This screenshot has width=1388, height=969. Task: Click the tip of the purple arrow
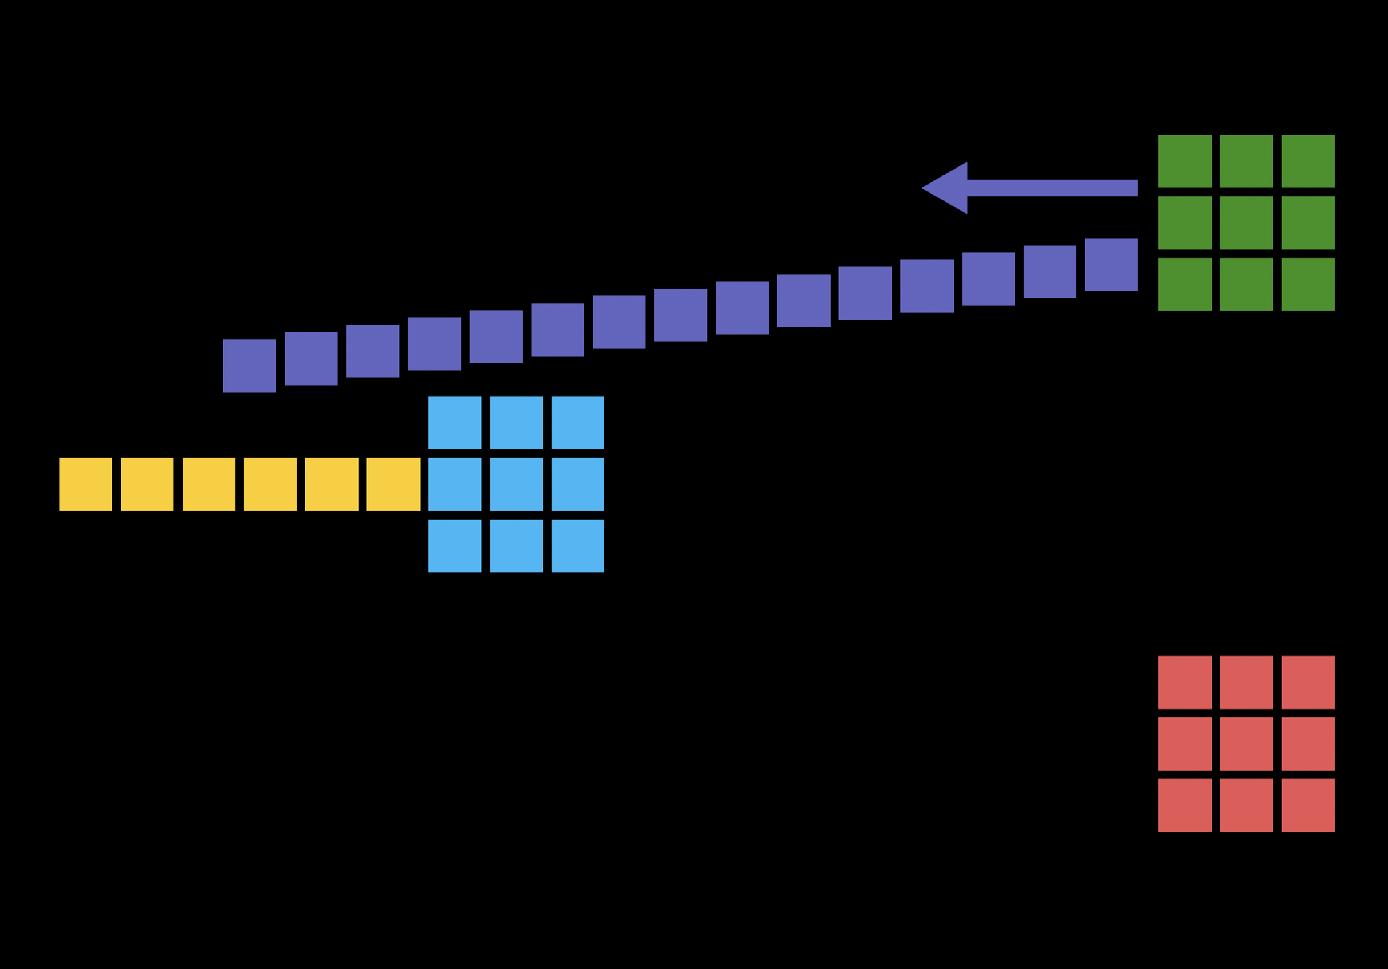pyautogui.click(x=924, y=187)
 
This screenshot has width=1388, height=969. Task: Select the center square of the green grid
pyautogui.click(x=1246, y=223)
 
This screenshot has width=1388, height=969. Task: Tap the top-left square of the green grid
pyautogui.click(x=1185, y=161)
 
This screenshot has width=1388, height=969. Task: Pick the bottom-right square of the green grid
pyautogui.click(x=1307, y=284)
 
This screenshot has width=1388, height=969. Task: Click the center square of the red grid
pyautogui.click(x=1246, y=744)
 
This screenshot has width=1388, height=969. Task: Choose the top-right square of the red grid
pyautogui.click(x=1307, y=683)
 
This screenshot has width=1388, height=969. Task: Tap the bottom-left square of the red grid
pyautogui.click(x=1185, y=805)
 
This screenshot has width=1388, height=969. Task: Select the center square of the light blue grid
pyautogui.click(x=516, y=484)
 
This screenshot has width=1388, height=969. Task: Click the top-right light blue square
pyautogui.click(x=577, y=422)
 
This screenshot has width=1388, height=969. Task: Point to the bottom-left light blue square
pyautogui.click(x=455, y=546)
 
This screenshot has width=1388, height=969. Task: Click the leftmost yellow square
pyautogui.click(x=85, y=484)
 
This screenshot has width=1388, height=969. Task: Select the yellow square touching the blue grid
pyautogui.click(x=393, y=484)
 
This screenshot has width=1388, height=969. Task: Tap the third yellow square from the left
pyautogui.click(x=209, y=484)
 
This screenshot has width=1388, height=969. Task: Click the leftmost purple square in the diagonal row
pyautogui.click(x=249, y=366)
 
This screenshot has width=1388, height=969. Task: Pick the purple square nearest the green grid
pyautogui.click(x=1111, y=264)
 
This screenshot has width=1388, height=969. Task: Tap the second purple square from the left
pyautogui.click(x=311, y=358)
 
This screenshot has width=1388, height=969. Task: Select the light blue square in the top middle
pyautogui.click(x=516, y=422)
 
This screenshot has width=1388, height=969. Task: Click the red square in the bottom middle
pyautogui.click(x=1246, y=805)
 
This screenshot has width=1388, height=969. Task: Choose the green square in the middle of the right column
pyautogui.click(x=1307, y=223)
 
